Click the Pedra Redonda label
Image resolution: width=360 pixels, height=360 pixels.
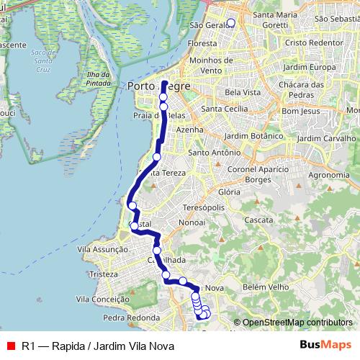pyautogui.click(x=131, y=317)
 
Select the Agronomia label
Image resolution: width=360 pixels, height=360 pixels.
pyautogui.click(x=328, y=174)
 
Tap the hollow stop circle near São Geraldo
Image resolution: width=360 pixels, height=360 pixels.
pyautogui.click(x=230, y=22)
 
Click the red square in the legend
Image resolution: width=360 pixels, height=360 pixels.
pyautogui.click(x=10, y=346)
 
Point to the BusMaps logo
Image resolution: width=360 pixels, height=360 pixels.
pyautogui.click(x=325, y=345)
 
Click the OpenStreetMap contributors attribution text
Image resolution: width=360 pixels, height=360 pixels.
pyautogui.click(x=297, y=322)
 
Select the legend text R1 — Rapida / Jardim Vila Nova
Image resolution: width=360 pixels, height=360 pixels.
pyautogui.click(x=98, y=346)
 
